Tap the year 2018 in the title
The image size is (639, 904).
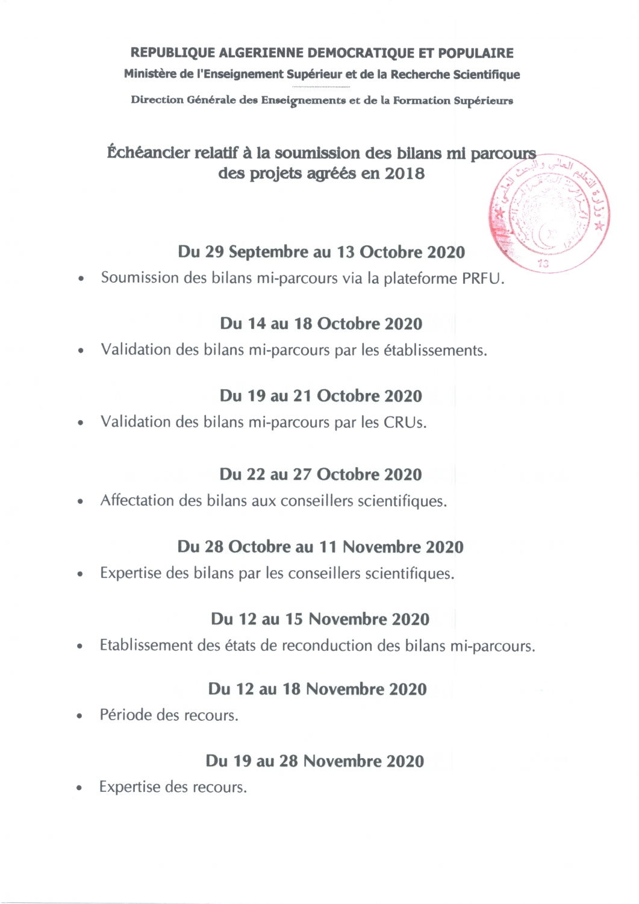pos(404,174)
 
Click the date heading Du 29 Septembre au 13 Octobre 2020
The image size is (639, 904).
pos(321,252)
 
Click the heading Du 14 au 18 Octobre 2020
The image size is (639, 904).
pos(321,324)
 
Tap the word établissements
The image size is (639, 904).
pos(434,350)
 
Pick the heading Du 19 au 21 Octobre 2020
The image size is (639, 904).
pos(321,396)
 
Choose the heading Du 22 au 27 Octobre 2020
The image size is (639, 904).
pos(320,474)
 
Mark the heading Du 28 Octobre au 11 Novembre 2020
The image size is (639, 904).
pos(320,547)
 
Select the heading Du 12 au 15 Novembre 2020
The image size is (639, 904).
pos(320,619)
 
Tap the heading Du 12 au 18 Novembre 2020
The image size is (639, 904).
pos(317,689)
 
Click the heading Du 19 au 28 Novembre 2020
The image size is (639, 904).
pos(315,761)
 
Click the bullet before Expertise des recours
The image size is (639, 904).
pos(79,788)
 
